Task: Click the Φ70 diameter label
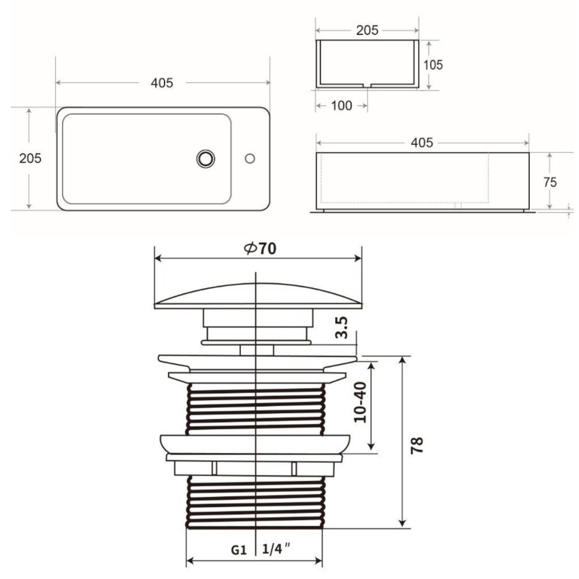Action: (x=260, y=248)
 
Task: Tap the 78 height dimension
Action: (x=417, y=445)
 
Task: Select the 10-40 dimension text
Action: (x=360, y=402)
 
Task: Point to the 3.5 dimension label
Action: (x=342, y=327)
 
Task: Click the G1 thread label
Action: (x=239, y=550)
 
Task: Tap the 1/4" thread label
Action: (x=276, y=549)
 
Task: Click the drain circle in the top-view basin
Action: (x=206, y=159)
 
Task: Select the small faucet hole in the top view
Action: (x=250, y=159)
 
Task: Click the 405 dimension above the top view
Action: (x=162, y=83)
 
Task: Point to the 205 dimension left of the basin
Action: (x=30, y=158)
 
